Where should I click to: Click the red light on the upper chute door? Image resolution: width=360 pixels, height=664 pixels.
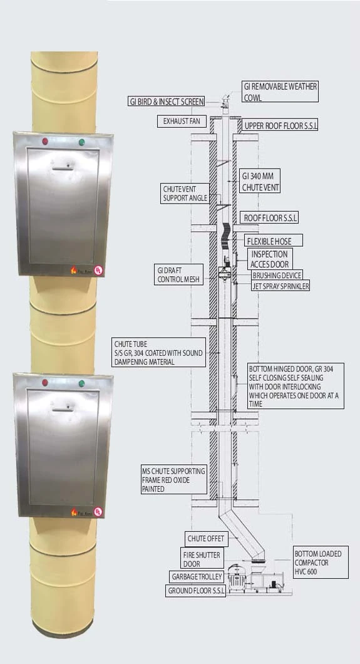(x=45, y=141)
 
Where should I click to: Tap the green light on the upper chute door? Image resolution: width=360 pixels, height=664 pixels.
(x=81, y=142)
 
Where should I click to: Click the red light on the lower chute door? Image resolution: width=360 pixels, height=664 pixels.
(x=45, y=382)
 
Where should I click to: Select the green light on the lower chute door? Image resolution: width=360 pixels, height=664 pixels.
(x=81, y=383)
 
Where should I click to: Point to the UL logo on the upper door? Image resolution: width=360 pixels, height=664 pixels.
(x=98, y=271)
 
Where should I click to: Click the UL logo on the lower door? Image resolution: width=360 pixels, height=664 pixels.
(x=98, y=512)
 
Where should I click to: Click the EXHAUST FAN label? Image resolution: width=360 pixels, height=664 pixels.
(x=182, y=122)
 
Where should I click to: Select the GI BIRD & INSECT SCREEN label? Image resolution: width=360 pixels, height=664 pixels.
(x=167, y=101)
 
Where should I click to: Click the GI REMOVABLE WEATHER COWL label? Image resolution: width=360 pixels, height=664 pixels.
(x=280, y=91)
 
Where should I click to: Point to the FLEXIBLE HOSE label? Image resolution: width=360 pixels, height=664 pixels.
(x=274, y=241)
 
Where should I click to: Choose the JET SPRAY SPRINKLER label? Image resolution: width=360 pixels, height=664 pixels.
(x=280, y=286)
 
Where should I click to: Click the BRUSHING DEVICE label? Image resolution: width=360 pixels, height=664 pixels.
(x=277, y=276)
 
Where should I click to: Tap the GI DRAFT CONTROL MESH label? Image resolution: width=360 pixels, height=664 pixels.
(x=178, y=274)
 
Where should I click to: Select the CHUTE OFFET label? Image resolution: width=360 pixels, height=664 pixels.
(x=207, y=539)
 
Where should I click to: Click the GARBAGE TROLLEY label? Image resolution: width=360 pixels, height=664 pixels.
(x=196, y=577)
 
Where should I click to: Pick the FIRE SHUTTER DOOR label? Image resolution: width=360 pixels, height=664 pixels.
(x=202, y=559)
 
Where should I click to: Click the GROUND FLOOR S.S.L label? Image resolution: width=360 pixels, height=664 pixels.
(x=195, y=591)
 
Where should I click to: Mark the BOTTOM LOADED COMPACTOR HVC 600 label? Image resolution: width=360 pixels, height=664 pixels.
(x=321, y=563)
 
